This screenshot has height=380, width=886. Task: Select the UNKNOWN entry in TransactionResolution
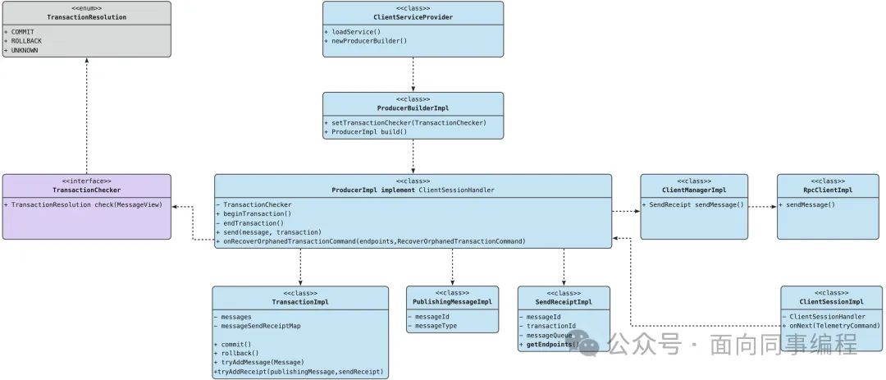point(26,51)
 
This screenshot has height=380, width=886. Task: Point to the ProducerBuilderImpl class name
point(413,108)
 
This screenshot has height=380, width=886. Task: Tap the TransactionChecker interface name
point(87,190)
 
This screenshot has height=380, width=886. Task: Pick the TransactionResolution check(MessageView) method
point(85,204)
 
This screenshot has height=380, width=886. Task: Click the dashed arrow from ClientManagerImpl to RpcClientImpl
point(762,206)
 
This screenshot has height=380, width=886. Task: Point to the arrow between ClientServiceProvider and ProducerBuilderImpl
point(413,74)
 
